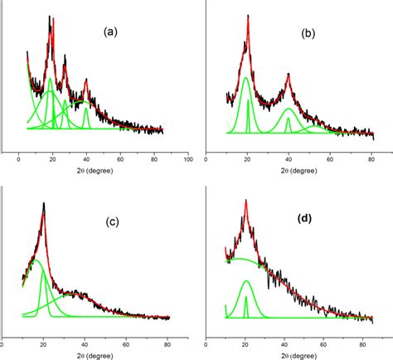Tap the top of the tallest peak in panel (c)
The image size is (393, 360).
tap(43, 202)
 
